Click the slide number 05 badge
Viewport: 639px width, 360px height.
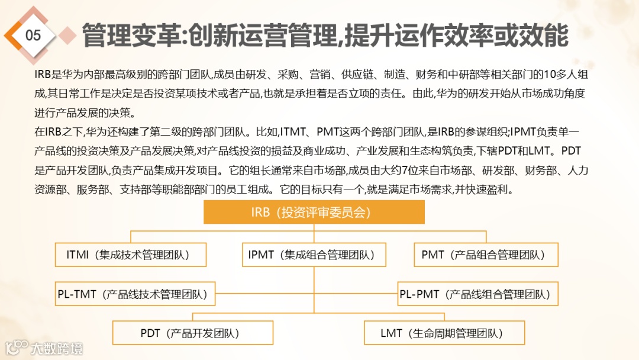click(x=33, y=36)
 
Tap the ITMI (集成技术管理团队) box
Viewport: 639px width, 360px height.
click(x=131, y=255)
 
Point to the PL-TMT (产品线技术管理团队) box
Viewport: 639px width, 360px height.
click(x=135, y=294)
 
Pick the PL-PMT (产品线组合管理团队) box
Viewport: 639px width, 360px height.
click(x=477, y=294)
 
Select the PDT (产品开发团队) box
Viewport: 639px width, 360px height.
click(x=193, y=333)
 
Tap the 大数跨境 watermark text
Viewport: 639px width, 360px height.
click(x=57, y=348)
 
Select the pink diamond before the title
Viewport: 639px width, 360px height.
click(x=69, y=35)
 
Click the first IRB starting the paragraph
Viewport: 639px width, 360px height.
click(x=43, y=75)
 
